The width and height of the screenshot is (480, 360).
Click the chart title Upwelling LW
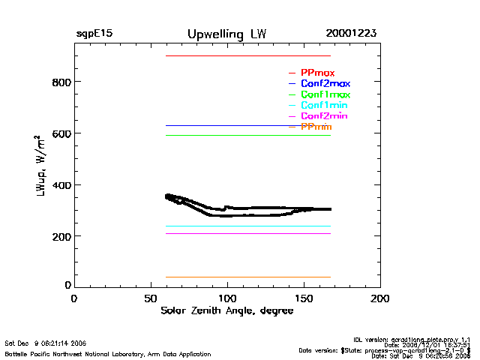click(226, 34)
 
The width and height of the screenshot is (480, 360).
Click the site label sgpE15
click(94, 34)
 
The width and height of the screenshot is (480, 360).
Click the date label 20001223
click(351, 34)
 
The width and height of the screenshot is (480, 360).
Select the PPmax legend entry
click(317, 73)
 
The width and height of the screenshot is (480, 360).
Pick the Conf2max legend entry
click(325, 83)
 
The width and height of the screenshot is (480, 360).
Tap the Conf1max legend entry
click(325, 94)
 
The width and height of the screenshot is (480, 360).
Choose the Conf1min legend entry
click(324, 106)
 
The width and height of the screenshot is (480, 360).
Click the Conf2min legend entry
click(324, 116)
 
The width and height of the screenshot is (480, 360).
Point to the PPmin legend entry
click(316, 127)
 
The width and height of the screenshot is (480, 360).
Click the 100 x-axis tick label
click(228, 298)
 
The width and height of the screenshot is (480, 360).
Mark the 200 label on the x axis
click(381, 298)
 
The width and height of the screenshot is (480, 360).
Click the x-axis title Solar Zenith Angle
click(227, 311)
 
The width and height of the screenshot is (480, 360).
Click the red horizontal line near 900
click(247, 55)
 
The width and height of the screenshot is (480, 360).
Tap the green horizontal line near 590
click(247, 135)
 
